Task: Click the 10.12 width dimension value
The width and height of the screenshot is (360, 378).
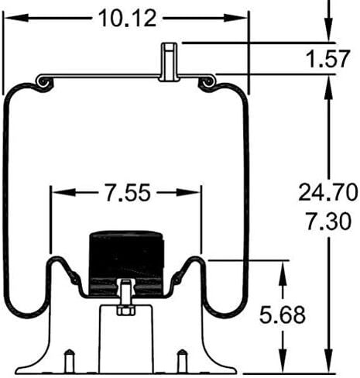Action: [x=128, y=19]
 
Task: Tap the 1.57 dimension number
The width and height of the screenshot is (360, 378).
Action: [x=327, y=59]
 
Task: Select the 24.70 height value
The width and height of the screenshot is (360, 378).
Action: [x=328, y=192]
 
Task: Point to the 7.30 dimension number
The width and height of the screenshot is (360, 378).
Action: [x=328, y=221]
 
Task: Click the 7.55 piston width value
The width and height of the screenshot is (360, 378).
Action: [x=128, y=192]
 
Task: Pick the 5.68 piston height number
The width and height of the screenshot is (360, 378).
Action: [x=283, y=314]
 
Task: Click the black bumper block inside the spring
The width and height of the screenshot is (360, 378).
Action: [x=126, y=263]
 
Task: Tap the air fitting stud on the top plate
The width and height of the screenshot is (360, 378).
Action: [x=170, y=62]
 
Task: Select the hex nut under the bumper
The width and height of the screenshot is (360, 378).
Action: [x=125, y=310]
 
